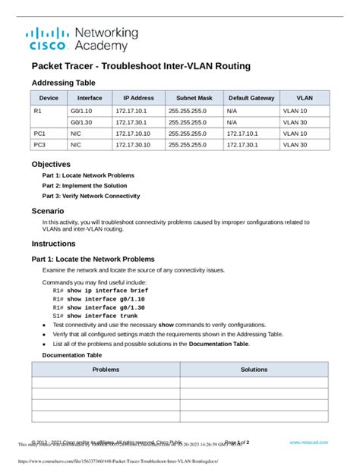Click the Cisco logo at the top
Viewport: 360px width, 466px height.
coord(49,39)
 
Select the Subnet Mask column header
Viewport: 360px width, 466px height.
coord(195,97)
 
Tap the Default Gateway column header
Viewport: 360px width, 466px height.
coord(251,97)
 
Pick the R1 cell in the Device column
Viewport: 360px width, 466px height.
coord(38,110)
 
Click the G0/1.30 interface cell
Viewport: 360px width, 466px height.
coord(82,121)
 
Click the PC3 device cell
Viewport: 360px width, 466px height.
coord(39,144)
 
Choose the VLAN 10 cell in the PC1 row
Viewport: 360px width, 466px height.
coord(295,133)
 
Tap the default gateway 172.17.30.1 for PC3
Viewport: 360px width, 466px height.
coord(245,144)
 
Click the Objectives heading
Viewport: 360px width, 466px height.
coord(51,164)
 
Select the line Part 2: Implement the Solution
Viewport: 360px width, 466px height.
coord(84,185)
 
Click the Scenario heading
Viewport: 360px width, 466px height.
coord(48,211)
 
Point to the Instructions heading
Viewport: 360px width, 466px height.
coord(53,244)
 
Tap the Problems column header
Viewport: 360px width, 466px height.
coord(106,369)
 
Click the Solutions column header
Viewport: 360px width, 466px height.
coord(254,369)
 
